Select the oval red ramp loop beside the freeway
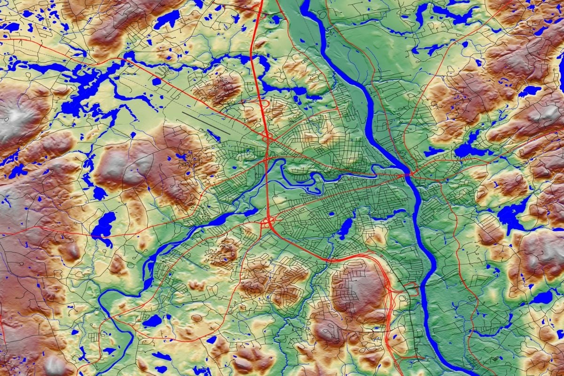pyautogui.click(x=265, y=103)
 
